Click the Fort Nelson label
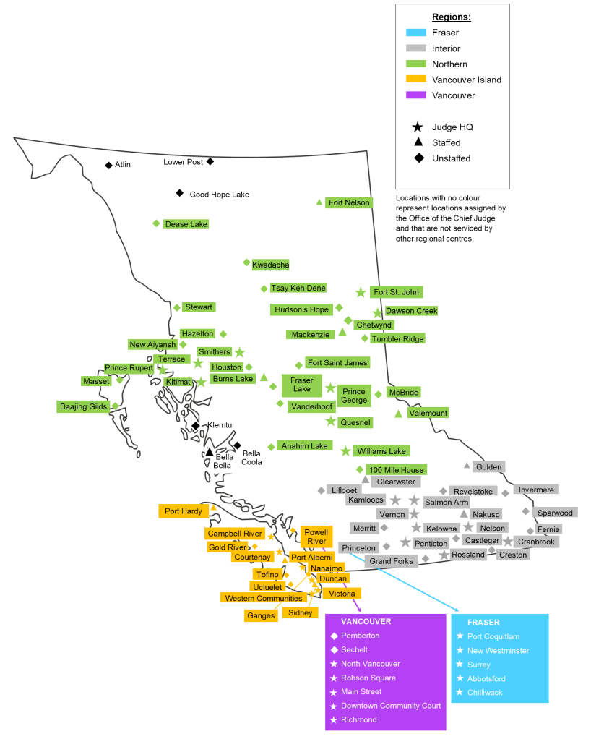[x=349, y=202]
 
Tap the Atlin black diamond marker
[x=108, y=166]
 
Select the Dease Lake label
[x=186, y=224]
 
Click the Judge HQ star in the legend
[x=417, y=127]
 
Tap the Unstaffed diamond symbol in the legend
[x=417, y=158]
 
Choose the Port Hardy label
[x=183, y=511]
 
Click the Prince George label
[x=354, y=396]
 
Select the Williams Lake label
[x=381, y=451]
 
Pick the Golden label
[x=488, y=467]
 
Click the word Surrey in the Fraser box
[x=478, y=665]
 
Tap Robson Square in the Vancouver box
[x=368, y=678]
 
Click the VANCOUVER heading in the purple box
[x=366, y=622]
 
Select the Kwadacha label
[x=270, y=265]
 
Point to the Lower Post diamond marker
[x=210, y=161]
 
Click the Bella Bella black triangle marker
[x=210, y=452]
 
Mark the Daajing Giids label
[x=83, y=407]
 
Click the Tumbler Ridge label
[x=397, y=338]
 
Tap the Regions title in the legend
[x=452, y=17]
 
